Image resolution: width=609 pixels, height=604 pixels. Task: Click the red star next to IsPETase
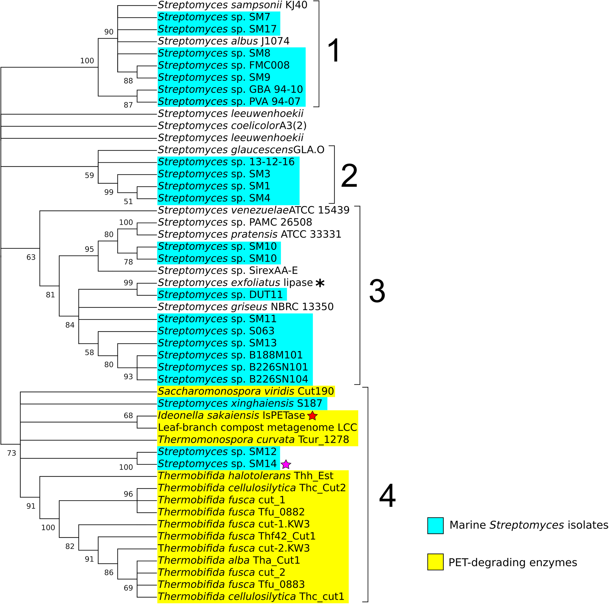tap(312, 416)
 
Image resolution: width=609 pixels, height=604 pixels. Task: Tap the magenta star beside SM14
tap(285, 464)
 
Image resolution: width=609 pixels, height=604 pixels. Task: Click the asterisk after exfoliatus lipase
tap(320, 283)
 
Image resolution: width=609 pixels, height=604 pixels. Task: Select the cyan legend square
tap(435, 525)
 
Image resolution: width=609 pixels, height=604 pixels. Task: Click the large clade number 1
tap(334, 50)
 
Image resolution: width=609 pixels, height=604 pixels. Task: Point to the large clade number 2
tap(349, 176)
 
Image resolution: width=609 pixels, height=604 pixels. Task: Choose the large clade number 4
tap(387, 496)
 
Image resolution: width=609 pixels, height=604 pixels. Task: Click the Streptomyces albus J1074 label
tap(223, 41)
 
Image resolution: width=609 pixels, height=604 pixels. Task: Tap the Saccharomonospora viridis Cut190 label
tap(246, 391)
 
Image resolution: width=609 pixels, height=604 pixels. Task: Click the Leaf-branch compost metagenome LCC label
tap(257, 427)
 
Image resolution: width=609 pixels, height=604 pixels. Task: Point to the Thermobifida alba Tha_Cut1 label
tap(228, 560)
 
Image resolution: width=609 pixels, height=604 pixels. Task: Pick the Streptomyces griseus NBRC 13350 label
tap(246, 307)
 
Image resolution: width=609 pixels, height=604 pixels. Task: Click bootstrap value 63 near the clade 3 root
tap(31, 257)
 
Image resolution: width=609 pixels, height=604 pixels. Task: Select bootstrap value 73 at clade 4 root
tap(12, 453)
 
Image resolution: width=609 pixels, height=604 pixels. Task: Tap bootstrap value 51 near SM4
tap(128, 202)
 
